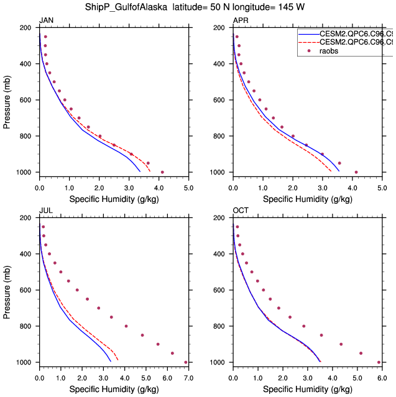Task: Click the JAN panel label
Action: [x=46, y=21]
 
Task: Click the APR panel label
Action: [x=240, y=21]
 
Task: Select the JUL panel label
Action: [x=45, y=211]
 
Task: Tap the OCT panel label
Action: [x=241, y=211]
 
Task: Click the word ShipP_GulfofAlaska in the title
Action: [x=126, y=7]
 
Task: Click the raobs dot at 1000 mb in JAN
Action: [x=162, y=172]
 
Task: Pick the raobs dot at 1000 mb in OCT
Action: [x=379, y=362]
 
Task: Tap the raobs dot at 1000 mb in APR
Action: [x=356, y=172]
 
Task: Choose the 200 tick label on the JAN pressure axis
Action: [x=25, y=29]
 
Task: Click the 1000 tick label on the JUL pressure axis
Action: [x=24, y=362]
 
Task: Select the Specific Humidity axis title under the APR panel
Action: [x=307, y=199]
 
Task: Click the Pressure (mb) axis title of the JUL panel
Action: [x=7, y=290]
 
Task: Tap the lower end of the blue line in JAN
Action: [x=140, y=171]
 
